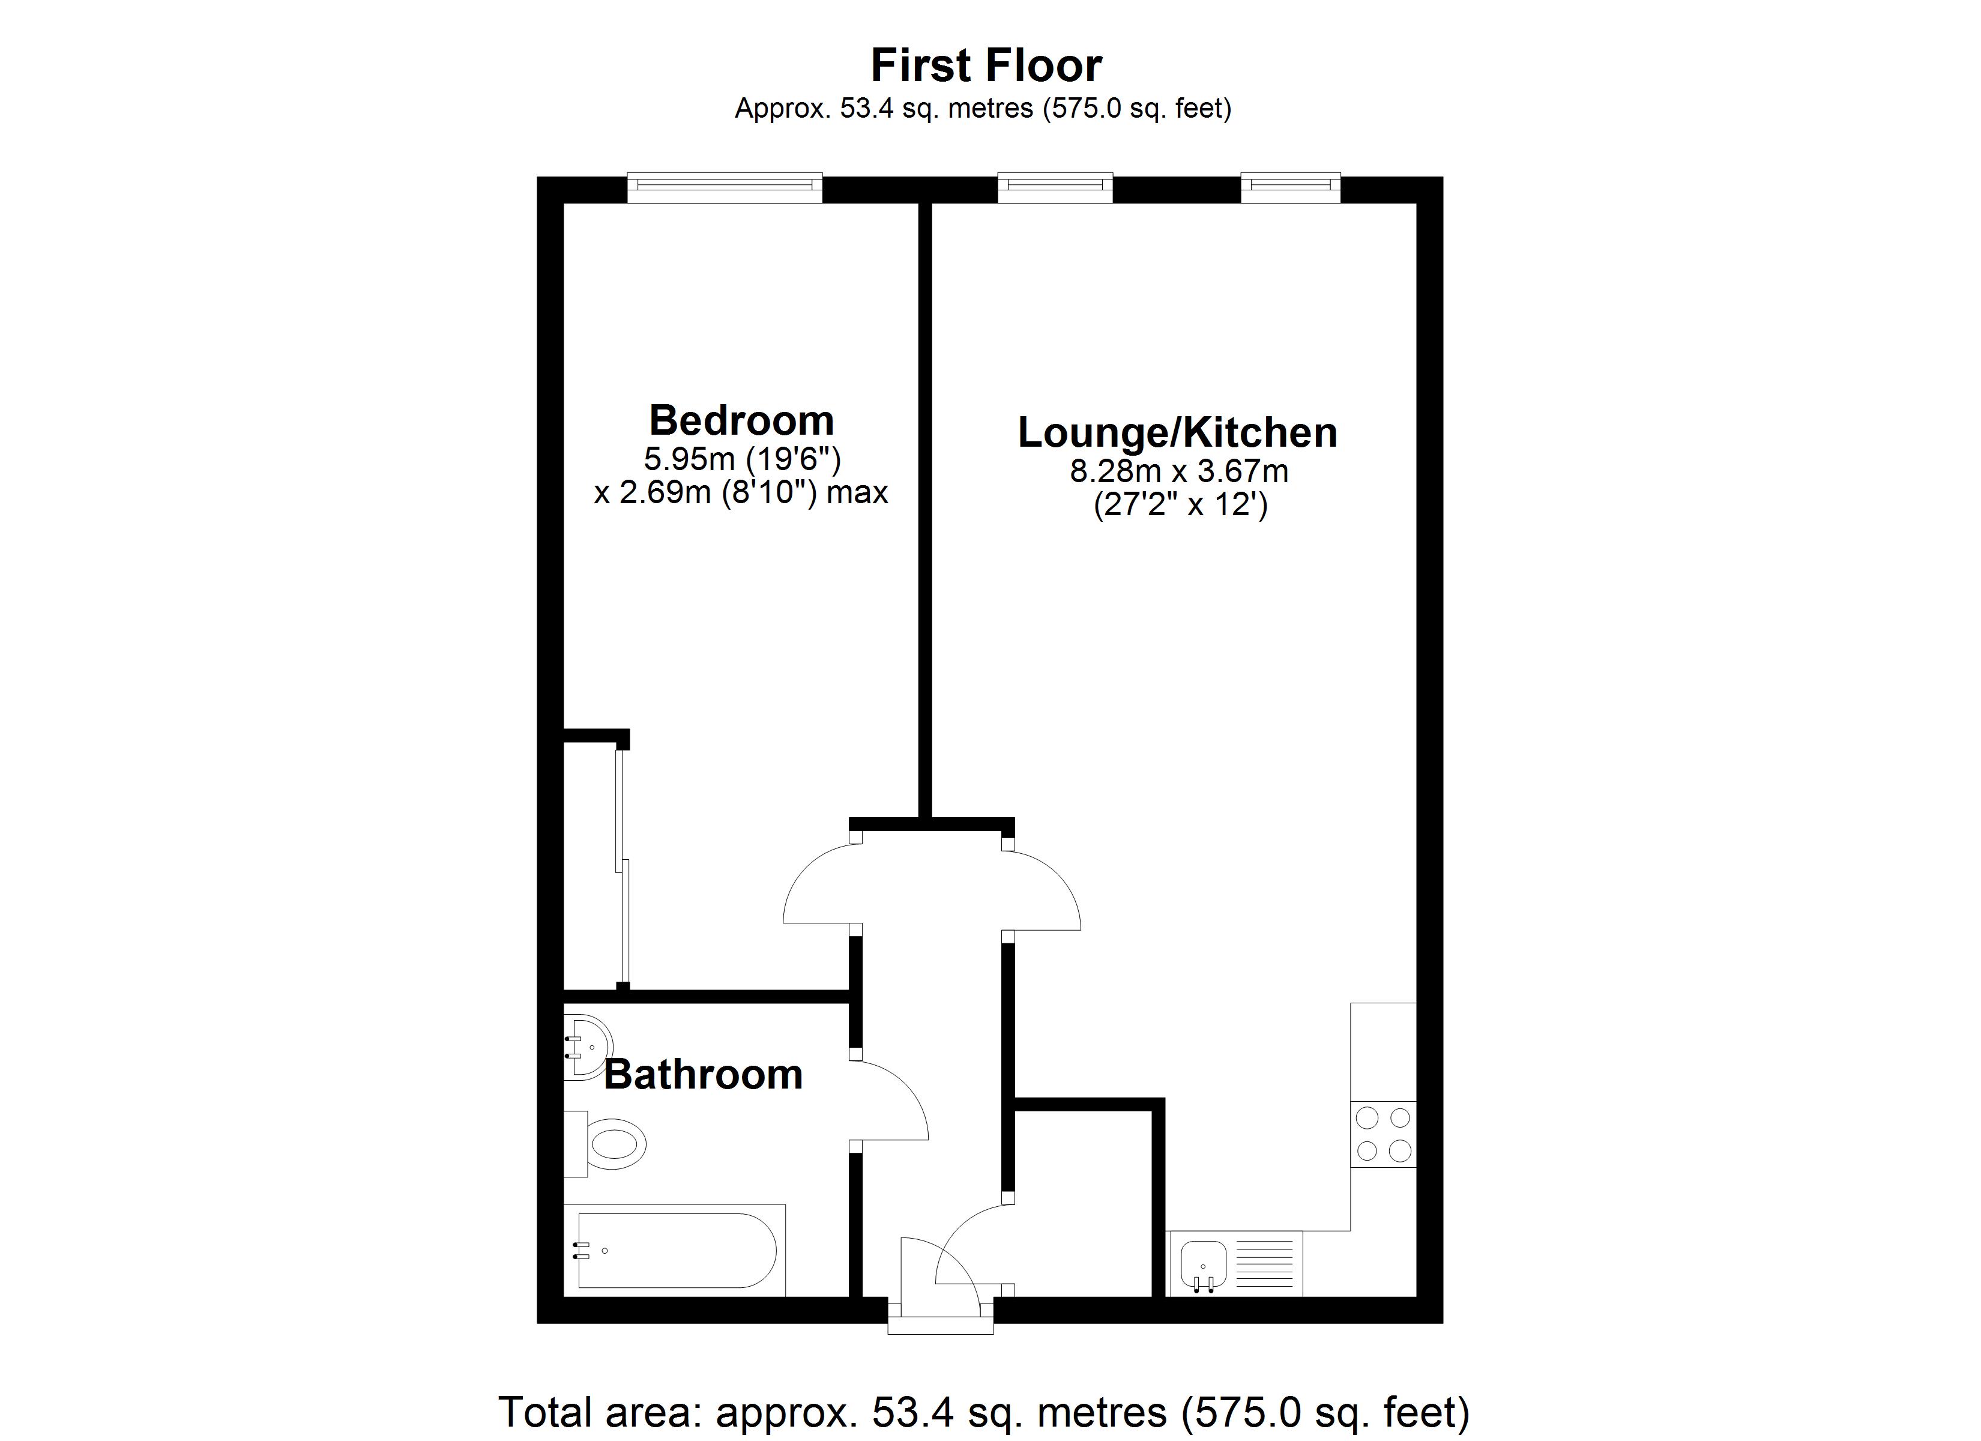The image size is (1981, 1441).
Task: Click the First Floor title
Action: click(986, 65)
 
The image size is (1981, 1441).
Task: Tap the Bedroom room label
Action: click(741, 420)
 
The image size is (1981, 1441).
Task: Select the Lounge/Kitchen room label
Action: click(1177, 432)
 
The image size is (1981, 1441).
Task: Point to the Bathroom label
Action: click(703, 1074)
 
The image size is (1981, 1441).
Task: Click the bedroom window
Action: click(725, 188)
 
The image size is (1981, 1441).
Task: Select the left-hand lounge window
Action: click(1055, 188)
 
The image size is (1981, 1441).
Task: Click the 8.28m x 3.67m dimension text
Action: click(1179, 472)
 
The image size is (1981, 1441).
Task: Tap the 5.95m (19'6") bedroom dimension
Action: click(741, 458)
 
